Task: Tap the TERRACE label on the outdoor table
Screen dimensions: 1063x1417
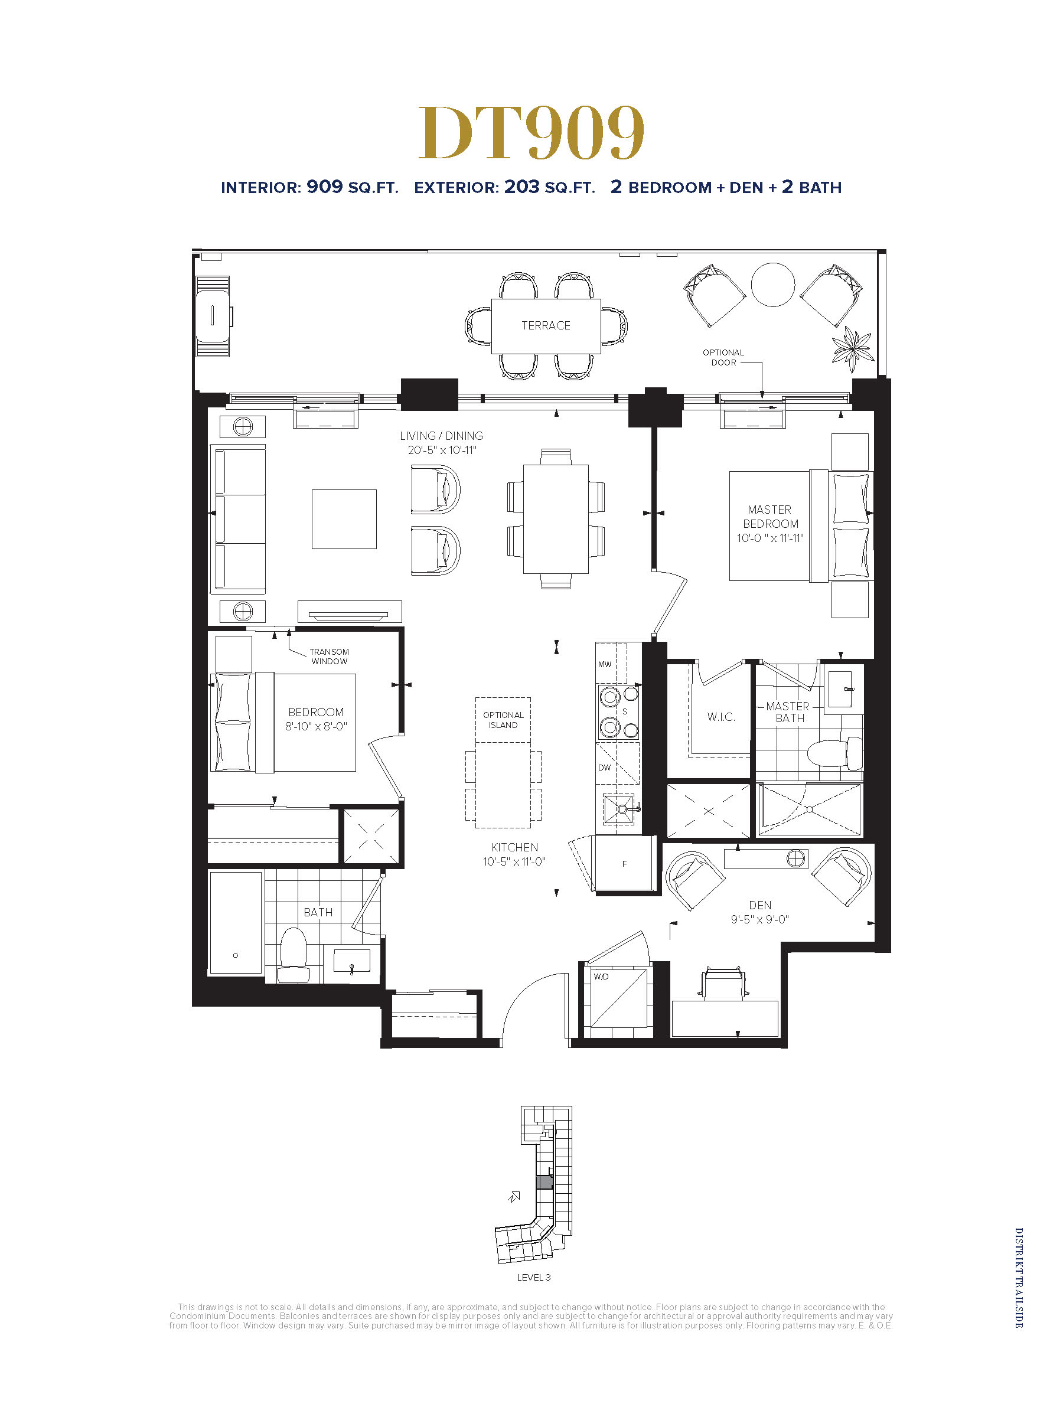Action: [546, 325]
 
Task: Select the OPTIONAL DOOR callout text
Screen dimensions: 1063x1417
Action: [723, 357]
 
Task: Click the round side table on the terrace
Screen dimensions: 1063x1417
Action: [772, 285]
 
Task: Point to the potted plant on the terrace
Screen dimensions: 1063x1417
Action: [853, 349]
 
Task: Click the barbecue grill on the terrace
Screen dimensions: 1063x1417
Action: [213, 316]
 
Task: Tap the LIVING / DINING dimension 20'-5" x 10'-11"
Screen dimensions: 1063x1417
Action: [442, 450]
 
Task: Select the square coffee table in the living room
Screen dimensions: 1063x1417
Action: [344, 519]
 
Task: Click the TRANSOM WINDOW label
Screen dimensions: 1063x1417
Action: [330, 657]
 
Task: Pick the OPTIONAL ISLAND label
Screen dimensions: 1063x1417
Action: [503, 720]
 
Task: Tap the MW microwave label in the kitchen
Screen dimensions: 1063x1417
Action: [605, 664]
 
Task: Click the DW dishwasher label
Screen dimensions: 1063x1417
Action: [604, 768]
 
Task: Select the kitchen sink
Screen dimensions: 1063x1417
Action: [619, 809]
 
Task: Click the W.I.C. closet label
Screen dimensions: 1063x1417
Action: [721, 717]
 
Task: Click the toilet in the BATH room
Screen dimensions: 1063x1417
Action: [294, 955]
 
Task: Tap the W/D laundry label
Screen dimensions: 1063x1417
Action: [601, 977]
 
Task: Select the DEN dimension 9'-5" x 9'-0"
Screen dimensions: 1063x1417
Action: [760, 919]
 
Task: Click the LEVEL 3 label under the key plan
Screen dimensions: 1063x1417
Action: [534, 1277]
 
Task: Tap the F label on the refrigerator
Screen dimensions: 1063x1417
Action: [625, 864]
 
